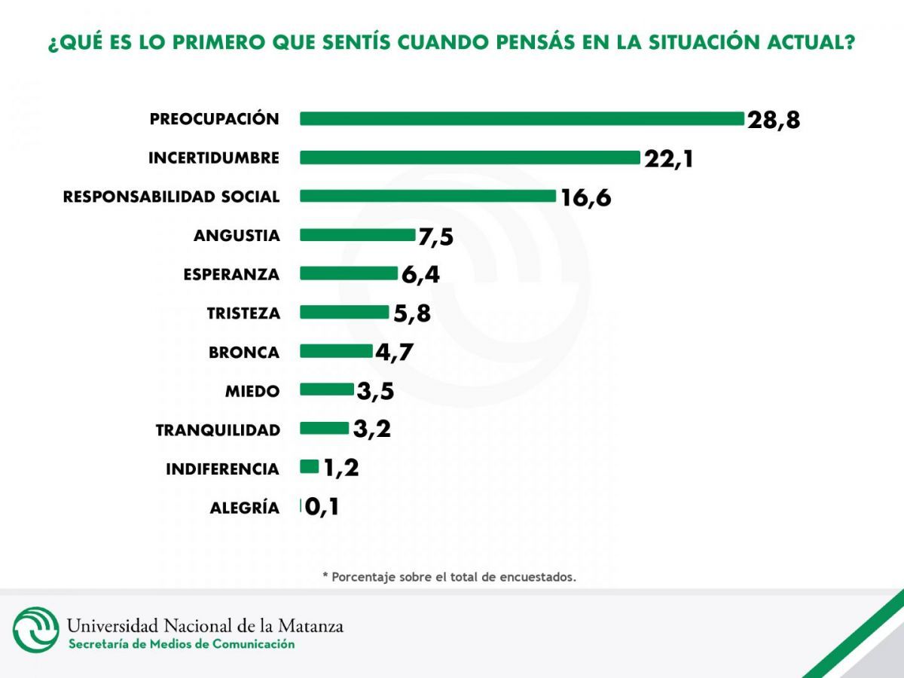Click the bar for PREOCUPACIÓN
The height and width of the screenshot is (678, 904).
[x=521, y=119]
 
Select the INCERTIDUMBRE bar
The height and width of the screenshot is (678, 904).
[x=469, y=157]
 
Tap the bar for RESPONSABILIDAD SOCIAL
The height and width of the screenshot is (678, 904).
[x=427, y=197]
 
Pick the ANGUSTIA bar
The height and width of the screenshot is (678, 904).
[x=357, y=235]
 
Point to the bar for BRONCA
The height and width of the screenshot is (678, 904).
[x=336, y=351]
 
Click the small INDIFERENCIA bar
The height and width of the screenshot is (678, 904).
[x=310, y=467]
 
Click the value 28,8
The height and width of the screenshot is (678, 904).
[x=773, y=120]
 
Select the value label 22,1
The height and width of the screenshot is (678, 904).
[x=668, y=158]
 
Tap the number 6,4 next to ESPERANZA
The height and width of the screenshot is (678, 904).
[x=420, y=274]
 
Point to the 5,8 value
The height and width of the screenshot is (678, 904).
[x=411, y=313]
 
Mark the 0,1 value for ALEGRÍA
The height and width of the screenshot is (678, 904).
[x=322, y=507]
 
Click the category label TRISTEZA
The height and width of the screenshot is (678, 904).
[x=243, y=313]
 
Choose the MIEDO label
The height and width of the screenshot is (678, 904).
[x=252, y=391]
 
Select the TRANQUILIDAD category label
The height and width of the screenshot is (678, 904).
[x=218, y=430]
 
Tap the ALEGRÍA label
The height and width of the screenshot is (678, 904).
[x=244, y=508]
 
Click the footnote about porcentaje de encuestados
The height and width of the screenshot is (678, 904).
[x=449, y=577]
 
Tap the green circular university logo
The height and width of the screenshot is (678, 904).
[x=35, y=630]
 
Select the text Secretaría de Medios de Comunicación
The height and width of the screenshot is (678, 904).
[x=182, y=644]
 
